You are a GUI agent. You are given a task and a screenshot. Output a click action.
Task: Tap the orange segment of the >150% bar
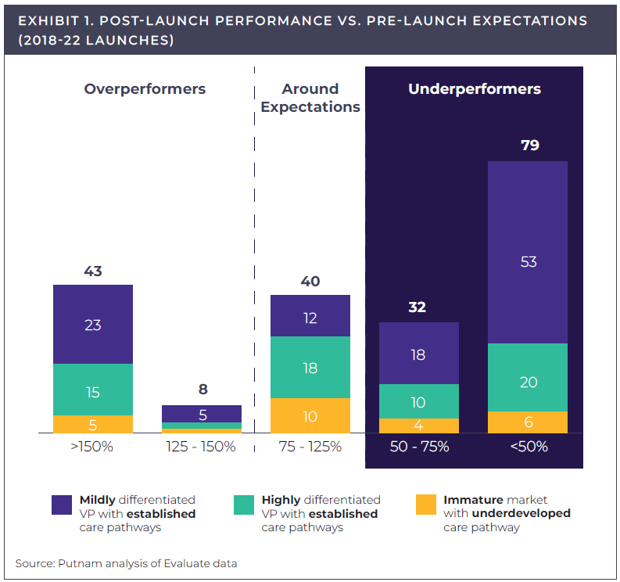(93, 424)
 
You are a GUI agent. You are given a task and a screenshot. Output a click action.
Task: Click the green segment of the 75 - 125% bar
(310, 367)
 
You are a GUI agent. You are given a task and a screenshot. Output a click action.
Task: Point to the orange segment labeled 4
(418, 426)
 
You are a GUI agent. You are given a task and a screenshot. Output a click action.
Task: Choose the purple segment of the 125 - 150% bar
(202, 414)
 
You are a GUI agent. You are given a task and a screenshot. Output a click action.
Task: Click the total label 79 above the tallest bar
(529, 145)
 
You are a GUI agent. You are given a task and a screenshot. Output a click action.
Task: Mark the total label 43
(93, 271)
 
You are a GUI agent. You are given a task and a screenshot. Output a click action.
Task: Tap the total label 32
(418, 307)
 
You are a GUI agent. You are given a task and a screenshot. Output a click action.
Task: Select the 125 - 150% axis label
(201, 447)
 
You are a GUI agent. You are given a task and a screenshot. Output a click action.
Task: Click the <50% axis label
(529, 447)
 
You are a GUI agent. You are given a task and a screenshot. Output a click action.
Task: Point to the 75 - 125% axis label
(310, 447)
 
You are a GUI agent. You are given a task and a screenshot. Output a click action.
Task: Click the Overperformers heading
(145, 89)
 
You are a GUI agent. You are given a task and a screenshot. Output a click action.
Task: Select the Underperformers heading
(474, 89)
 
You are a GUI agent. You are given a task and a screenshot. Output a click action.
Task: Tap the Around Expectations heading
(310, 98)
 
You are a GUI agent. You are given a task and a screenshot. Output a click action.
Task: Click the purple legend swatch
(62, 505)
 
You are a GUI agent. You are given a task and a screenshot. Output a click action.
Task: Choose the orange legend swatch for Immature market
(426, 505)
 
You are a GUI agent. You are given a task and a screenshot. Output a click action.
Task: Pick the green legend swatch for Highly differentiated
(244, 505)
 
